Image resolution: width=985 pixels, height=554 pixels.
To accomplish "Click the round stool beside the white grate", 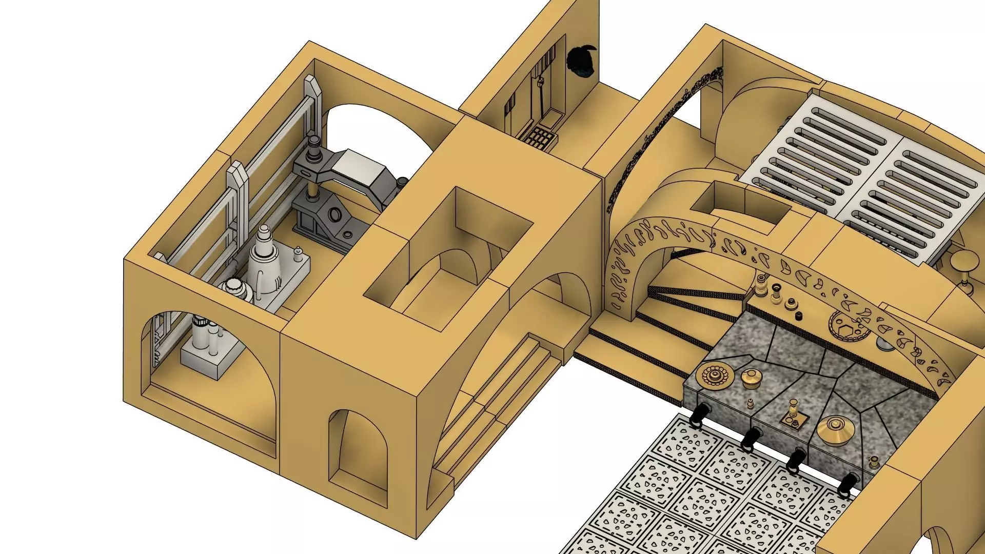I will click(963, 262).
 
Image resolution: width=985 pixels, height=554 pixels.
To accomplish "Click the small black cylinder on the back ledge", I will click(798, 315).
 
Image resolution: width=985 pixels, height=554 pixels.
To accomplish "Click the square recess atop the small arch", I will click(740, 205).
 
